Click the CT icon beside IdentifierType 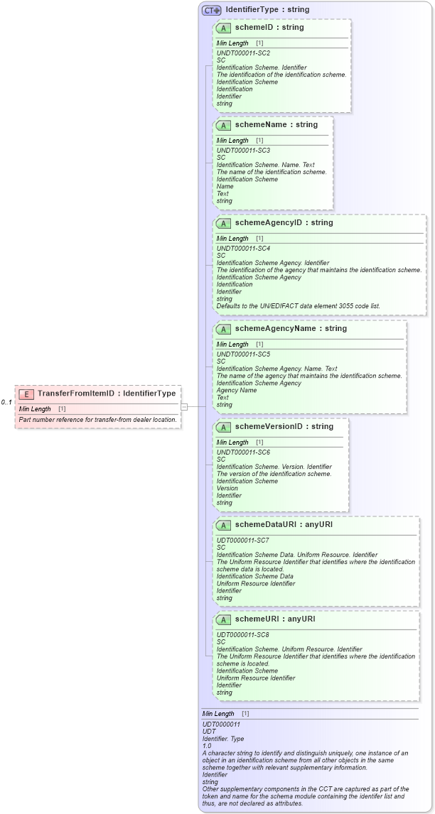[211, 10]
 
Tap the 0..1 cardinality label [6, 402]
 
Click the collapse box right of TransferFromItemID [184, 406]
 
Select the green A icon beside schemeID [223, 28]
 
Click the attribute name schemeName [266, 125]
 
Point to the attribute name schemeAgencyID [273, 223]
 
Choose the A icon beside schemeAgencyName [223, 329]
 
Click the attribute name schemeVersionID [274, 427]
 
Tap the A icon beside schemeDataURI [223, 525]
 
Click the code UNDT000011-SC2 [243, 53]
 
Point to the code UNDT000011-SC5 [243, 354]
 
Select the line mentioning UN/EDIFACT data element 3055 [298, 306]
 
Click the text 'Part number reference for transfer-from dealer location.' [97, 420]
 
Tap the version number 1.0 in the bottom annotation [207, 746]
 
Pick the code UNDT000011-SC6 [243, 452]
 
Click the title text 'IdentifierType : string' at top [267, 10]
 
